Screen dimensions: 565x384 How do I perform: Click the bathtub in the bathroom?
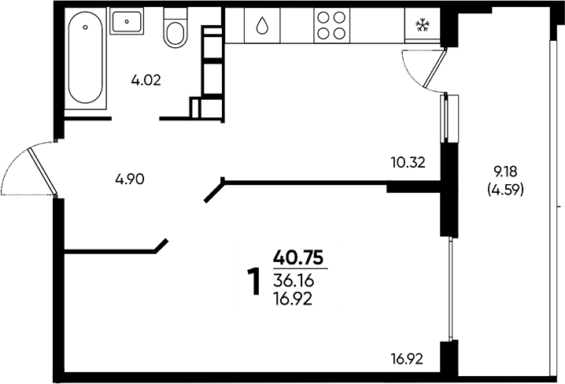pyautogui.click(x=86, y=58)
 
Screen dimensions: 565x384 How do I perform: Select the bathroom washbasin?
pyautogui.click(x=127, y=21)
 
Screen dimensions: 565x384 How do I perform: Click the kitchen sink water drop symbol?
pyautogui.click(x=262, y=26)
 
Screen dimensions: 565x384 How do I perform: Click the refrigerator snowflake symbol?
pyautogui.click(x=423, y=25)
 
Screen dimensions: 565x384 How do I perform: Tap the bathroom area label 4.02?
pyautogui.click(x=146, y=80)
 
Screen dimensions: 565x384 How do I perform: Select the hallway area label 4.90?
pyautogui.click(x=130, y=179)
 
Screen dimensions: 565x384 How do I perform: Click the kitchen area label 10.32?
pyautogui.click(x=408, y=163)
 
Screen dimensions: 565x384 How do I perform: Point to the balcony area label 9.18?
pyautogui.click(x=505, y=172)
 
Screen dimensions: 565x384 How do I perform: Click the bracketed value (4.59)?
pyautogui.click(x=505, y=190)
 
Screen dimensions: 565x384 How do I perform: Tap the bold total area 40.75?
pyautogui.click(x=298, y=258)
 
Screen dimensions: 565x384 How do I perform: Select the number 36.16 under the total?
pyautogui.click(x=294, y=281)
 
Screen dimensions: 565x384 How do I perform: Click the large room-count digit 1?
pyautogui.click(x=254, y=282)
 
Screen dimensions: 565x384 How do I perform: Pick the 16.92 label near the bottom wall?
pyautogui.click(x=407, y=359)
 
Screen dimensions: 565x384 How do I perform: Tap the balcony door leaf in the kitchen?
pyautogui.click(x=435, y=68)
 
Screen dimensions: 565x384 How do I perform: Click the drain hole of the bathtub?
pyautogui.click(x=86, y=27)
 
